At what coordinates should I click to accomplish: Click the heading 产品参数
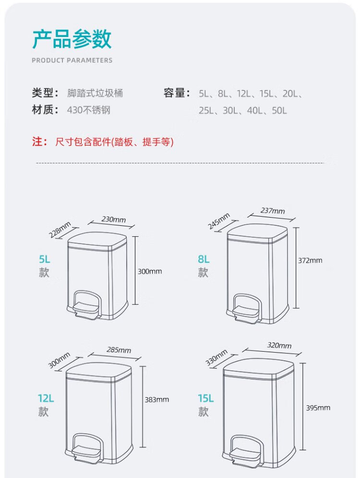(72, 39)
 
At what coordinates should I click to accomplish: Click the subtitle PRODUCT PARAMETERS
(72, 61)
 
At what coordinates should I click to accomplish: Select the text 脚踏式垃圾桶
(95, 93)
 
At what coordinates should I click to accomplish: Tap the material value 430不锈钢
(89, 110)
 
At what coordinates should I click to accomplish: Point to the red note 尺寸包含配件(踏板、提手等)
(114, 142)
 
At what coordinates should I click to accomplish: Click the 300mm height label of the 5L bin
(150, 271)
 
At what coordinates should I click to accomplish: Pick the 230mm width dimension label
(114, 219)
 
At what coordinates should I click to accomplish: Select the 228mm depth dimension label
(60, 230)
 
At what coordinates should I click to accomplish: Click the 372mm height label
(310, 260)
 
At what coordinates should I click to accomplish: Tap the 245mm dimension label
(219, 221)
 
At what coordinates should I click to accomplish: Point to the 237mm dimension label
(273, 210)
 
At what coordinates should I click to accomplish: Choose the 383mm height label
(157, 399)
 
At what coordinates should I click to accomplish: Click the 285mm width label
(119, 350)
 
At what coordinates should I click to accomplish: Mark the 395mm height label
(318, 407)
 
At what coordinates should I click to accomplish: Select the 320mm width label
(279, 345)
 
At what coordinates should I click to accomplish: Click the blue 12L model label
(46, 398)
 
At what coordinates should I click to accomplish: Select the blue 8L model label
(204, 259)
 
